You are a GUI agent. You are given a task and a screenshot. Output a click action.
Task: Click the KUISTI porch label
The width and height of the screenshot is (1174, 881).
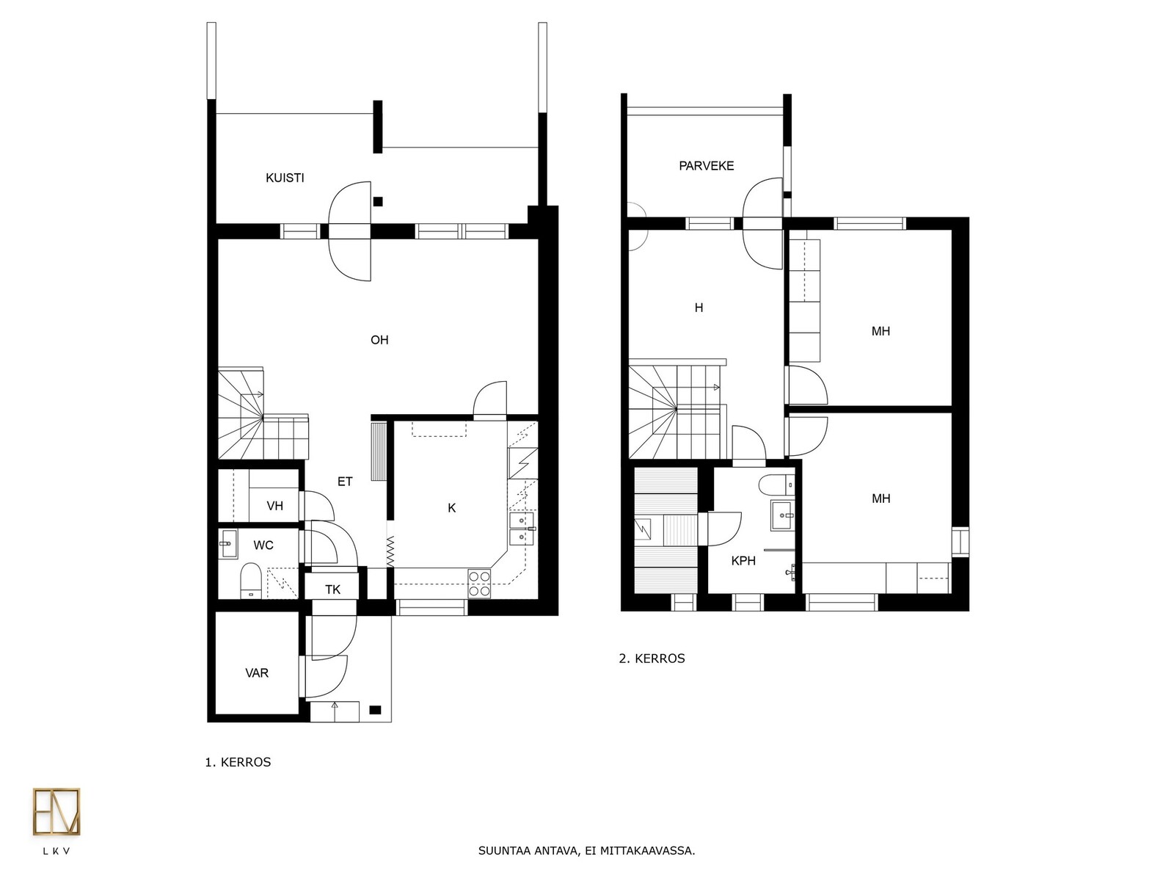click(285, 178)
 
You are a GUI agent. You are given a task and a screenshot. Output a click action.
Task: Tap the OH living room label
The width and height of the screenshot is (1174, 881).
click(379, 340)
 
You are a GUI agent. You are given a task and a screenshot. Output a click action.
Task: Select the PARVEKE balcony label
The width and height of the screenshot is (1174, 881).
click(706, 167)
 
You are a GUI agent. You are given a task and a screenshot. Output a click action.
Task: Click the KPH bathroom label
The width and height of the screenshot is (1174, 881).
click(743, 561)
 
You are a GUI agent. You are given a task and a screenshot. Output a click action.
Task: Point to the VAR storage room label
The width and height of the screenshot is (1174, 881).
click(257, 673)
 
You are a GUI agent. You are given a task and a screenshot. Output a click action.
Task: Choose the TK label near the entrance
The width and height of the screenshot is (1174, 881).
click(332, 590)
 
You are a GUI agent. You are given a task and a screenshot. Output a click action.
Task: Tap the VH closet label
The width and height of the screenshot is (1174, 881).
click(275, 506)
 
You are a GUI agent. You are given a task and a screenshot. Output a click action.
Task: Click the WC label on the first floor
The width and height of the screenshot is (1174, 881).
click(263, 545)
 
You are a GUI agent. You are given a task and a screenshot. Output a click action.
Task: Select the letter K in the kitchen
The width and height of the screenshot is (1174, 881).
click(451, 509)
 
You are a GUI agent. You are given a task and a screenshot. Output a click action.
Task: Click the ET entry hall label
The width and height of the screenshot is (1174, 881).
click(345, 482)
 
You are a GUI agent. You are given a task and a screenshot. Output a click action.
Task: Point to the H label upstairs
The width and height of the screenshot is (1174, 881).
click(699, 308)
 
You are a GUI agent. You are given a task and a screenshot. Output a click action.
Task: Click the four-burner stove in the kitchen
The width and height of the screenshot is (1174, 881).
click(479, 584)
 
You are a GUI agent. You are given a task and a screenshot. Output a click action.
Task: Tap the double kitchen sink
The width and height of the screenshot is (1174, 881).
click(522, 529)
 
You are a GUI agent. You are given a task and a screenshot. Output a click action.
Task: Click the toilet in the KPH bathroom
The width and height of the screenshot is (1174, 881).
click(776, 485)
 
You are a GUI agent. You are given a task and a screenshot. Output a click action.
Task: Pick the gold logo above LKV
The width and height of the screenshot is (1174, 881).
click(56, 812)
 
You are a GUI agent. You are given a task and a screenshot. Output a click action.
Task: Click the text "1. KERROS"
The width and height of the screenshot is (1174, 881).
click(238, 762)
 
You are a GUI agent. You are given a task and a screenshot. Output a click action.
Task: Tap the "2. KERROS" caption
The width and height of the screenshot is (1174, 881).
click(652, 659)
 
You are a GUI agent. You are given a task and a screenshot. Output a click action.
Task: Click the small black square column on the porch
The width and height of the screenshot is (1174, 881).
click(378, 202)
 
